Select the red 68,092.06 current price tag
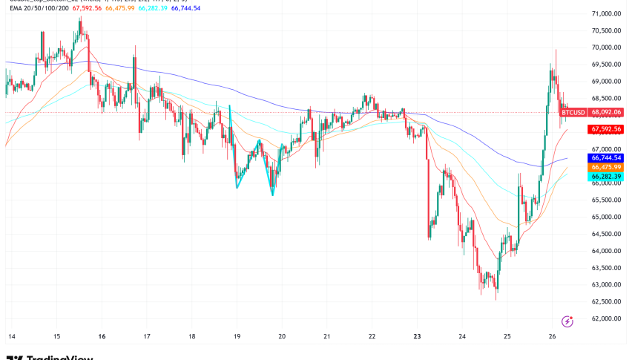[x=605, y=113]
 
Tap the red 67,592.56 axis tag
[x=605, y=129]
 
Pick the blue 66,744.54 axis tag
[x=605, y=158]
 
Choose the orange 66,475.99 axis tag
[x=605, y=168]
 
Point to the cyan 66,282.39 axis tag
[x=605, y=177]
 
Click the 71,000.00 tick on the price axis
[x=606, y=14]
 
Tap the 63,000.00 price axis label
[x=606, y=285]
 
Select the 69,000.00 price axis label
[x=606, y=82]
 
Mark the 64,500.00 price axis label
[x=606, y=234]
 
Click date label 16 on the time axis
[x=102, y=336]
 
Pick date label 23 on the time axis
[x=418, y=336]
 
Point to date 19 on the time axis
[x=237, y=336]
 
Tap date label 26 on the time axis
[x=553, y=336]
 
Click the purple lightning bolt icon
[x=567, y=321]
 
